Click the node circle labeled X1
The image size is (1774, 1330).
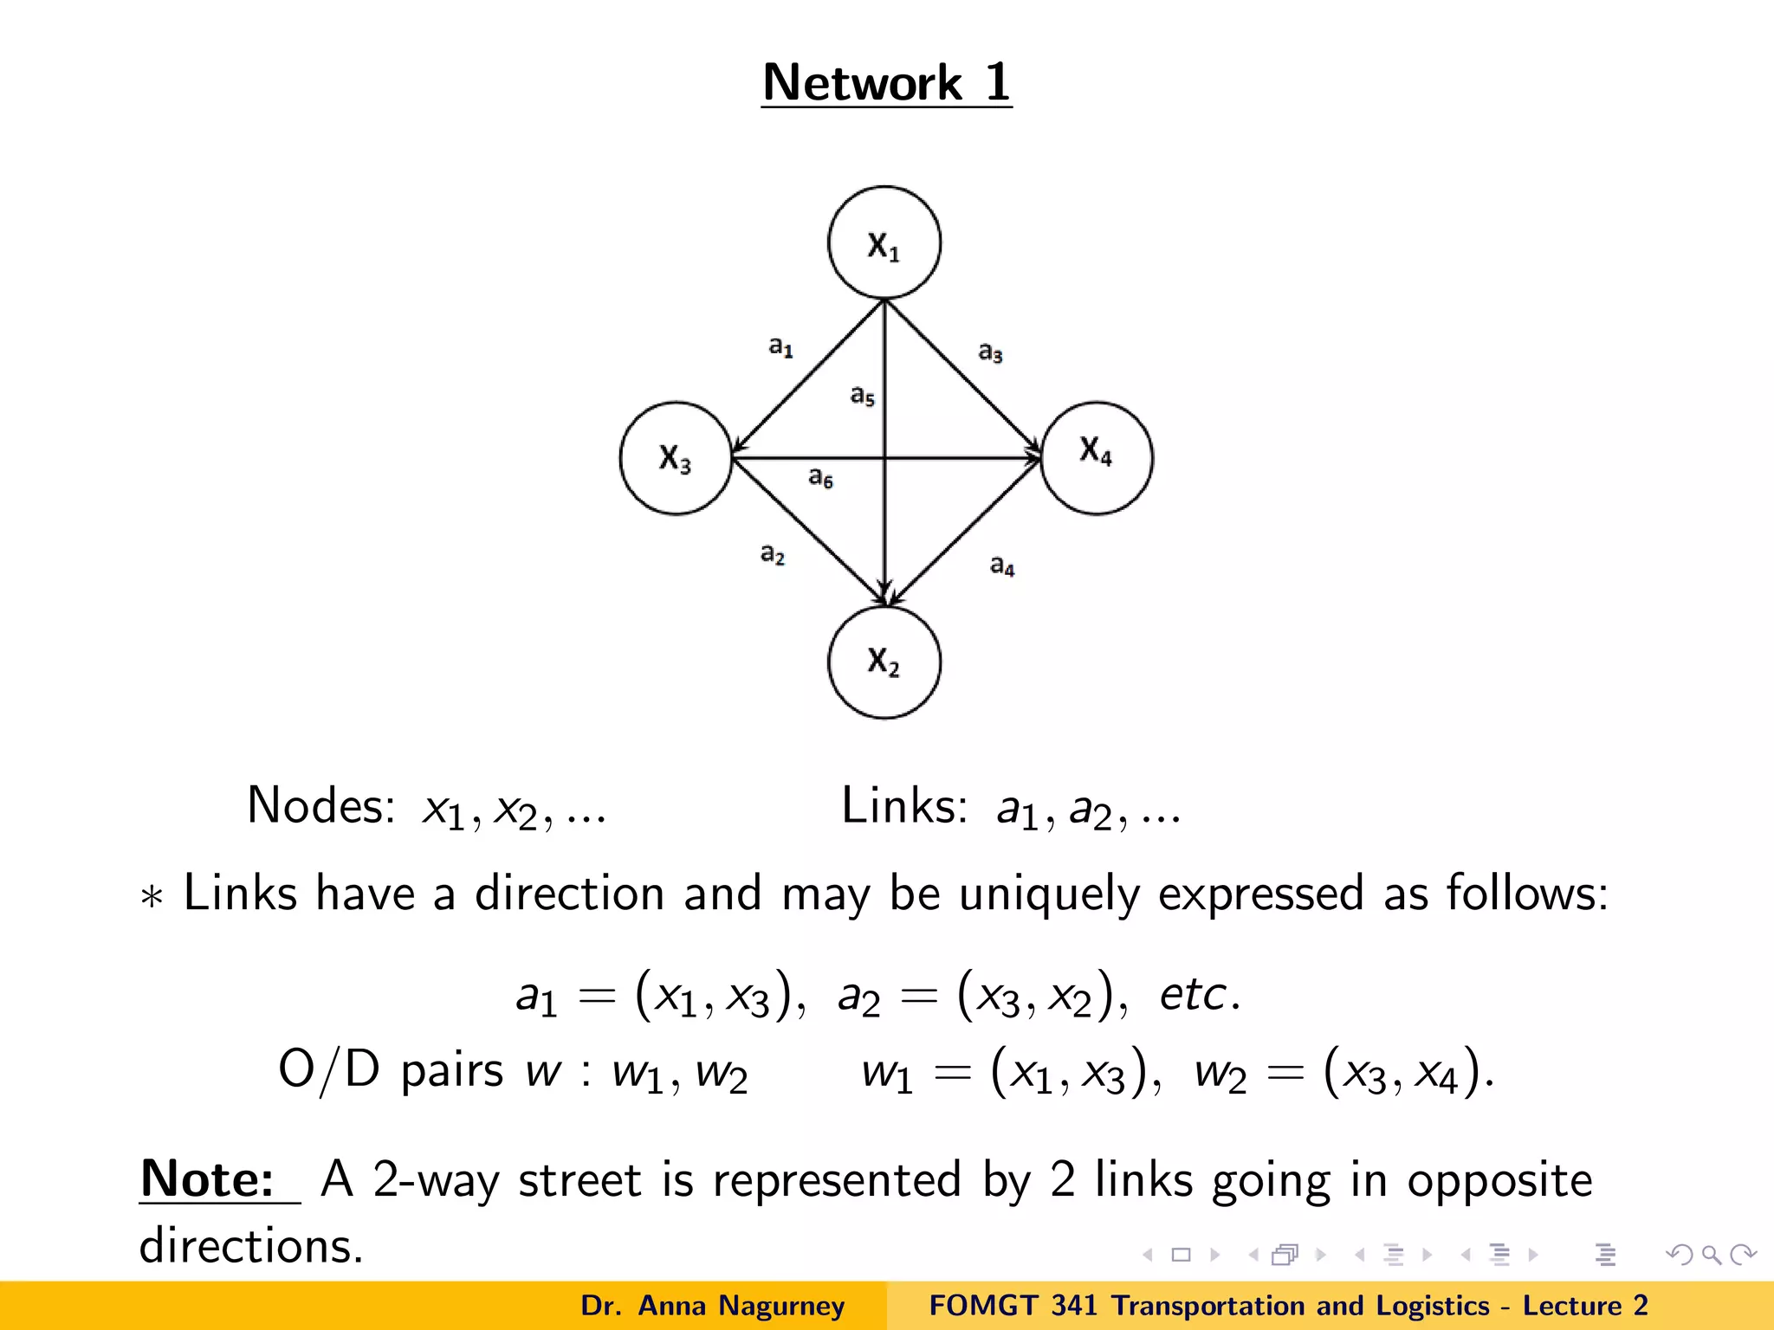[x=884, y=243]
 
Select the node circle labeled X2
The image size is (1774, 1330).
[x=884, y=662]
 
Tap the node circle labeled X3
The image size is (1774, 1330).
[x=676, y=458]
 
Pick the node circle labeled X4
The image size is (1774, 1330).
[x=1097, y=458]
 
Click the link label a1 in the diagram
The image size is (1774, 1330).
[x=780, y=347]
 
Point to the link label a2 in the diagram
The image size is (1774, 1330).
[x=772, y=554]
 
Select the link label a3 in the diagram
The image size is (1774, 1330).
[x=990, y=352]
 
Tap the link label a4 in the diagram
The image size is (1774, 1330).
[x=1001, y=566]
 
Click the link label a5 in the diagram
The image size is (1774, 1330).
[x=862, y=397]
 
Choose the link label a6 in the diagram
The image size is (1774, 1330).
[x=820, y=477]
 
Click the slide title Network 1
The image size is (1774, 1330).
[x=886, y=83]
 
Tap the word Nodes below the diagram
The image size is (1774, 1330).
[x=320, y=806]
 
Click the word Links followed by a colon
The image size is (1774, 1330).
[x=903, y=806]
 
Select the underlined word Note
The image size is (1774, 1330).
[x=207, y=1179]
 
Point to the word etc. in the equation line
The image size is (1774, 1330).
[x=1200, y=994]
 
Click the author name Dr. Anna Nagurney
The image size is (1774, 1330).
[x=712, y=1306]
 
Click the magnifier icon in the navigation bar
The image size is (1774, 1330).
[x=1711, y=1255]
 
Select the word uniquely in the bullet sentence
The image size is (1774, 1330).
[x=1048, y=894]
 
